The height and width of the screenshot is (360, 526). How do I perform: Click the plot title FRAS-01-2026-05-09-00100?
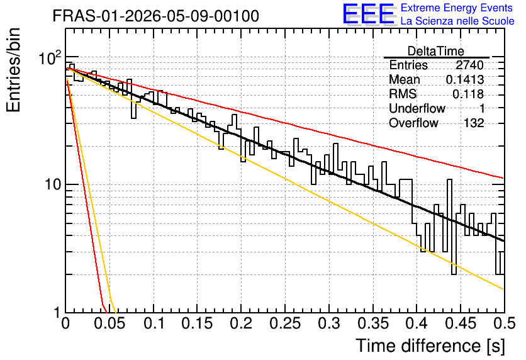pyautogui.click(x=156, y=16)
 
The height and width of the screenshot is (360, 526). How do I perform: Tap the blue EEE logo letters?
pyautogui.click(x=368, y=14)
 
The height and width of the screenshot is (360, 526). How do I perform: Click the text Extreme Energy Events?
pyautogui.click(x=457, y=8)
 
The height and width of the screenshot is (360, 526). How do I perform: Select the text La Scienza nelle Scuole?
pyautogui.click(x=457, y=21)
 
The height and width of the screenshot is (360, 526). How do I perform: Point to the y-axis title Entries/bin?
pyautogui.click(x=13, y=70)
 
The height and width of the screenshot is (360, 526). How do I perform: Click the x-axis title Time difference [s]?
pyautogui.click(x=430, y=346)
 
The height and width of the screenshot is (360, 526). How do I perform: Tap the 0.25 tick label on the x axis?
pyautogui.click(x=285, y=323)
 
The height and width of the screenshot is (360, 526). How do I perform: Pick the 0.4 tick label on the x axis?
pyautogui.click(x=417, y=323)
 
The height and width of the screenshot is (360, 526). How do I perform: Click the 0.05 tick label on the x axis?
pyautogui.click(x=109, y=323)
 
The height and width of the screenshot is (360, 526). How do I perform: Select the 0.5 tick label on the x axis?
pyautogui.click(x=504, y=323)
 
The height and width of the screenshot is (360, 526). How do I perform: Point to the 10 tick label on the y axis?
pyautogui.click(x=53, y=184)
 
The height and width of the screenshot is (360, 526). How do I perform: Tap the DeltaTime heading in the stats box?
pyautogui.click(x=436, y=51)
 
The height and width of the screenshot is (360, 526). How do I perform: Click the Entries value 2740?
pyautogui.click(x=469, y=65)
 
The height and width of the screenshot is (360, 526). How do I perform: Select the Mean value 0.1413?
pyautogui.click(x=465, y=79)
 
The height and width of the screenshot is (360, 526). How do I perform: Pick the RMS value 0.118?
pyautogui.click(x=468, y=94)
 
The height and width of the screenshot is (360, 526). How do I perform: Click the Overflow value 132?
pyautogui.click(x=474, y=123)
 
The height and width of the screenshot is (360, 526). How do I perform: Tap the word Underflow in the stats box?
pyautogui.click(x=417, y=108)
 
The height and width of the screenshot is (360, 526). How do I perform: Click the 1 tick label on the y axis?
pyautogui.click(x=57, y=313)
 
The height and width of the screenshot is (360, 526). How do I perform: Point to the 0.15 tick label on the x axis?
pyautogui.click(x=197, y=323)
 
